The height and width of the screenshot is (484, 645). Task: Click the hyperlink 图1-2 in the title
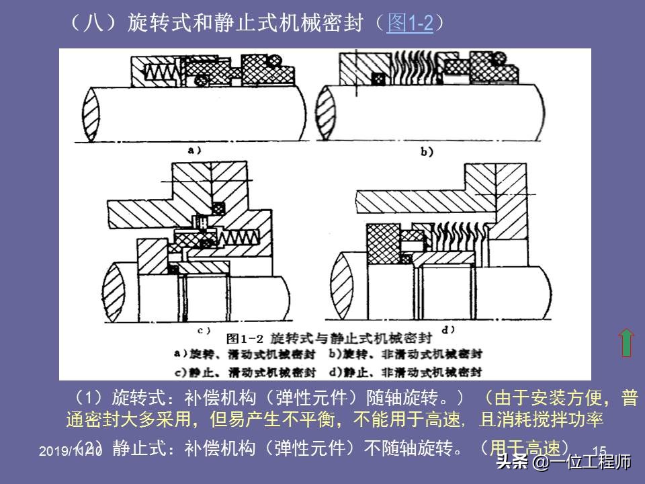pos(410,24)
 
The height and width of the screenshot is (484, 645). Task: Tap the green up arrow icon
pos(626,342)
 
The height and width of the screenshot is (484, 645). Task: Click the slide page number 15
pos(600,450)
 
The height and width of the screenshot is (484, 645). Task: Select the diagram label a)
pos(196,151)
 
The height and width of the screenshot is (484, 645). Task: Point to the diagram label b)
pos(427,153)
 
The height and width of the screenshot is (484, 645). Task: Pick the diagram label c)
pos(204,330)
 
